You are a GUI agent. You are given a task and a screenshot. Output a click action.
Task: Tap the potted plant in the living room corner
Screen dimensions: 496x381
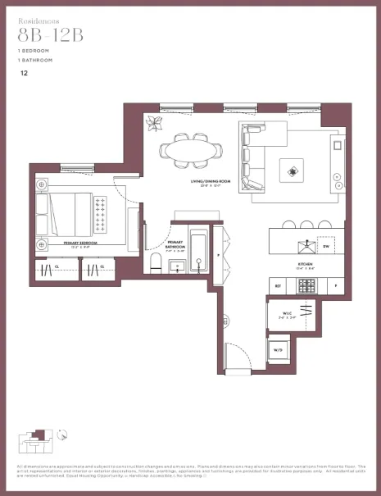[x=153, y=124]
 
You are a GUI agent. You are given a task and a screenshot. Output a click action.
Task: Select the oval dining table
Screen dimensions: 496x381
[x=191, y=151]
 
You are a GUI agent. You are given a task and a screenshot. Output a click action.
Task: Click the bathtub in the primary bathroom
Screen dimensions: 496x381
[x=198, y=252]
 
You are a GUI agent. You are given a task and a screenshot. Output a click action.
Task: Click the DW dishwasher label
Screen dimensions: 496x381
[x=325, y=245]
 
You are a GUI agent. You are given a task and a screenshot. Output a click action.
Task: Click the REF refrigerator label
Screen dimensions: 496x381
[x=279, y=285]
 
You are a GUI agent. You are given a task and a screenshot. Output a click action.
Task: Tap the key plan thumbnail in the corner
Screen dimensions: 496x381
[x=37, y=442]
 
